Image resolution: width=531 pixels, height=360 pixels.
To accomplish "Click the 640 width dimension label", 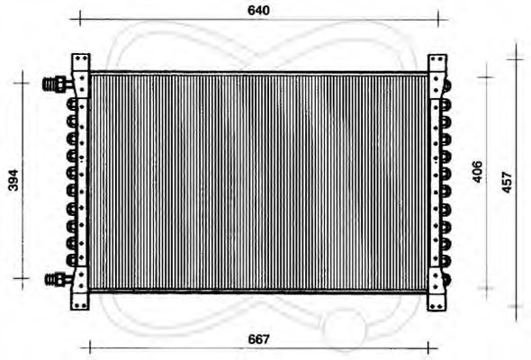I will [258, 10].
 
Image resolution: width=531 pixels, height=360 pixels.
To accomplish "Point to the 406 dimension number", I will [478, 173].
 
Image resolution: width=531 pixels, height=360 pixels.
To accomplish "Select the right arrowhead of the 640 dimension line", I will [437, 18].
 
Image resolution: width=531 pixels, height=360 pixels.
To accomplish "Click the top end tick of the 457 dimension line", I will [515, 58].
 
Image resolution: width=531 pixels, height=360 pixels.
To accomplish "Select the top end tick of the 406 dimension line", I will [486, 77].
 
